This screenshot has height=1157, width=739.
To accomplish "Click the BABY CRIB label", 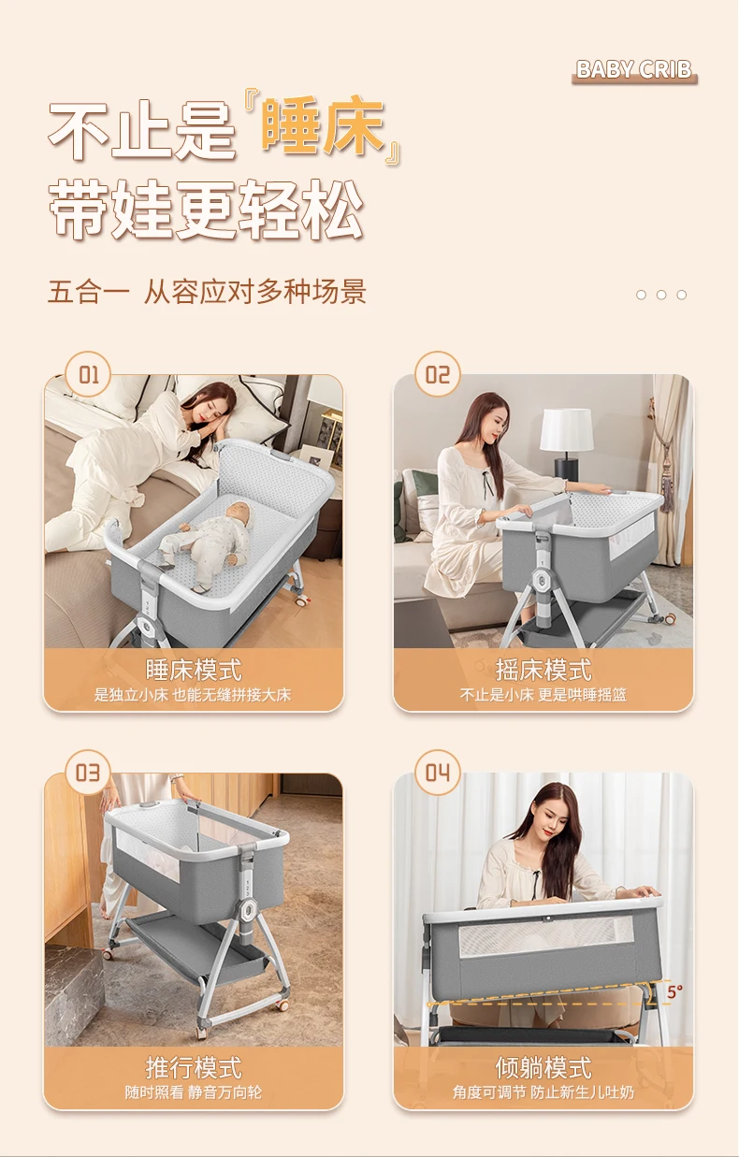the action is pos(633,70).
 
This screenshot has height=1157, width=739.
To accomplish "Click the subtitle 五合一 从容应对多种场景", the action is pos(207,291).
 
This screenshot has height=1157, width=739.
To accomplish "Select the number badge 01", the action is pos(88,374).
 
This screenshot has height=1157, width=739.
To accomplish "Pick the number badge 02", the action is pos(438,374).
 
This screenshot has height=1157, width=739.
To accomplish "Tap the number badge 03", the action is pos(88,773).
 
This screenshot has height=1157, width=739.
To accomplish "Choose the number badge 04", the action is pos(438,773).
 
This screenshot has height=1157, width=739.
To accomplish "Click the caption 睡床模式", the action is pos(194,670).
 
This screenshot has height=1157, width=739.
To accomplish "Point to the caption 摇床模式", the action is pos(543,670).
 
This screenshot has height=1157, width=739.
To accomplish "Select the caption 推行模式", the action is pos(194,1067).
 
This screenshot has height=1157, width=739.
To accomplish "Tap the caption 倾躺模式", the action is pos(543,1067).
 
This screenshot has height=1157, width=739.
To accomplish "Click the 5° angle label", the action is pos(674,991).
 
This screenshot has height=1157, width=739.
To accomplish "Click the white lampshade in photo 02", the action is pos(567,429).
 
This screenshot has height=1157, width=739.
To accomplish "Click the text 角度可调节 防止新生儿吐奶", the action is pos(543,1092).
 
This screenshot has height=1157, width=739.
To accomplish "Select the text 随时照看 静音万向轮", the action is pos(194,1092).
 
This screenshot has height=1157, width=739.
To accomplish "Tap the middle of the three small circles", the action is pos(661,295).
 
